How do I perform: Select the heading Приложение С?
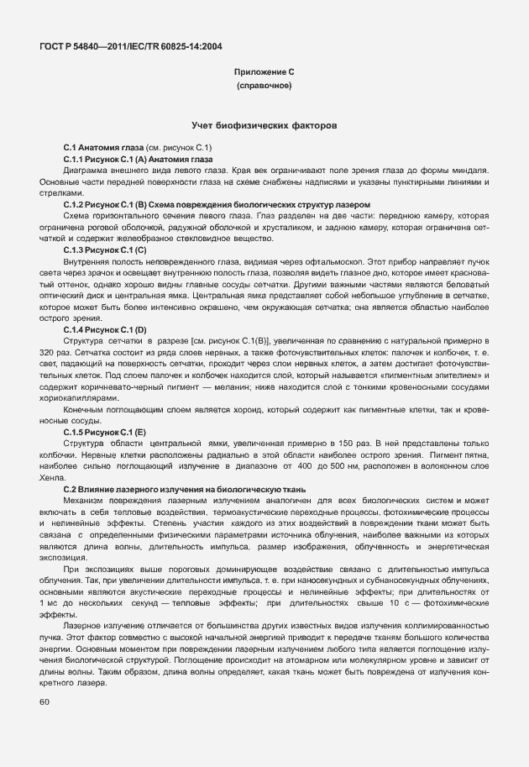coord(264,73)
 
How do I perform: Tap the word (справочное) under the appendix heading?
coord(264,87)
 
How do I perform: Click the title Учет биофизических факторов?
coord(264,124)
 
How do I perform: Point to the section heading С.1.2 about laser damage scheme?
coord(217,205)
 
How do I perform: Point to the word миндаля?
coord(469,171)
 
